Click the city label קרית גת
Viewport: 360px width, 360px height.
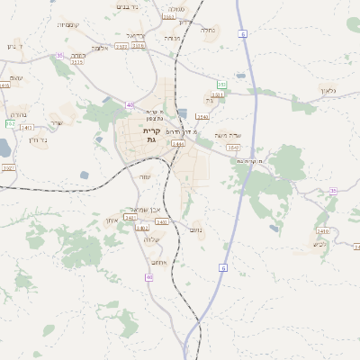point(150,135)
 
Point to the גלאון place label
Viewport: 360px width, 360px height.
point(328,90)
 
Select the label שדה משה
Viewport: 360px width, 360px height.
point(229,136)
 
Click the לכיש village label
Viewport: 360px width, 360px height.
point(321,244)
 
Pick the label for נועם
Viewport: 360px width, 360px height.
point(196,230)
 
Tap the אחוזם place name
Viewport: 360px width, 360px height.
point(158,262)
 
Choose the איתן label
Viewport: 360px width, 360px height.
point(112,220)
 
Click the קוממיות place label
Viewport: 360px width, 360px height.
point(68,24)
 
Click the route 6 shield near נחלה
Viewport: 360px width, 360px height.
point(243,33)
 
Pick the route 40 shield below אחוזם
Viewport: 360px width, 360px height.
point(148,277)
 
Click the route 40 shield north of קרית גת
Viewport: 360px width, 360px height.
point(130,104)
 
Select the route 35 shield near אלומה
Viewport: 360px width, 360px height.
point(59,56)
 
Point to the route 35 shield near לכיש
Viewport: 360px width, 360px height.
point(333,191)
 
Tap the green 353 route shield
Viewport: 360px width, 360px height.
point(221,85)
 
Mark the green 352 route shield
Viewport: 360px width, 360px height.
point(9,124)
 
